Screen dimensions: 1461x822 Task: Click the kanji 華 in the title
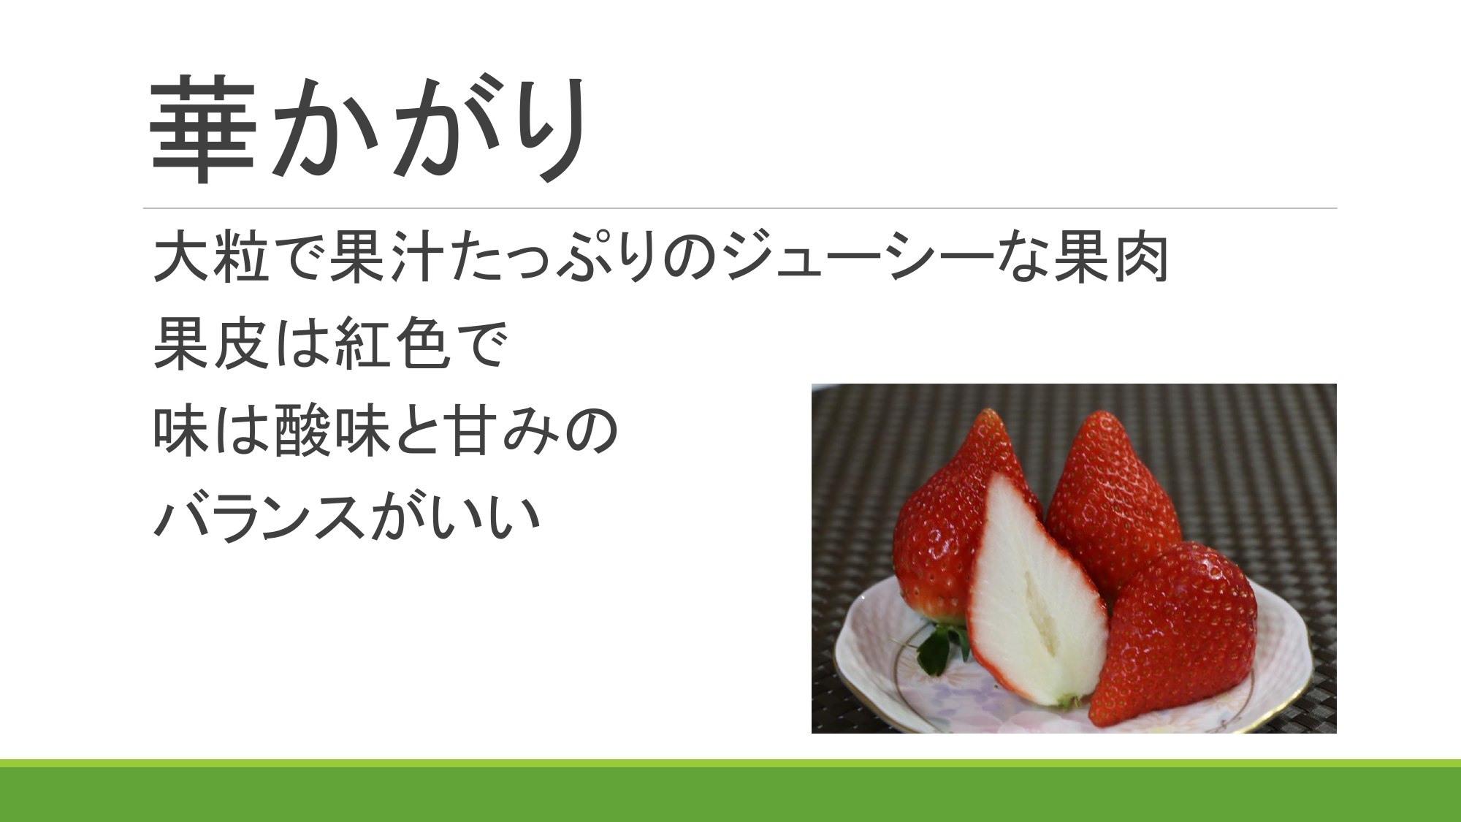pyautogui.click(x=203, y=129)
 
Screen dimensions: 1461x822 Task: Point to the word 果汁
pyautogui.click(x=386, y=257)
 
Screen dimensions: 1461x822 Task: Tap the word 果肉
pyautogui.click(x=1110, y=257)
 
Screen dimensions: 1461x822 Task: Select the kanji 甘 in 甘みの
pyautogui.click(x=475, y=430)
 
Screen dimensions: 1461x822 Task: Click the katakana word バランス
pyautogui.click(x=259, y=517)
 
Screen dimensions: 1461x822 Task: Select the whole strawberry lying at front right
pyautogui.click(x=1172, y=632)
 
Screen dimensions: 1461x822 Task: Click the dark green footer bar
pyautogui.click(x=730, y=794)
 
